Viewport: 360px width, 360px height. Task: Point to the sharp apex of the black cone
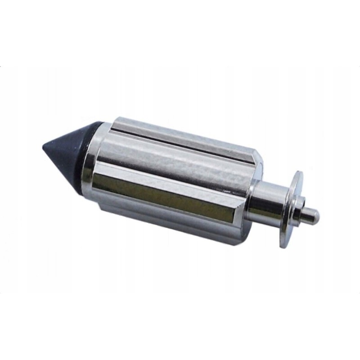tap(42, 147)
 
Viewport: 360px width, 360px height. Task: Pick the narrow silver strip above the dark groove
tap(180, 127)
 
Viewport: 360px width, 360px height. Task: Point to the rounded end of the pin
tap(318, 217)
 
